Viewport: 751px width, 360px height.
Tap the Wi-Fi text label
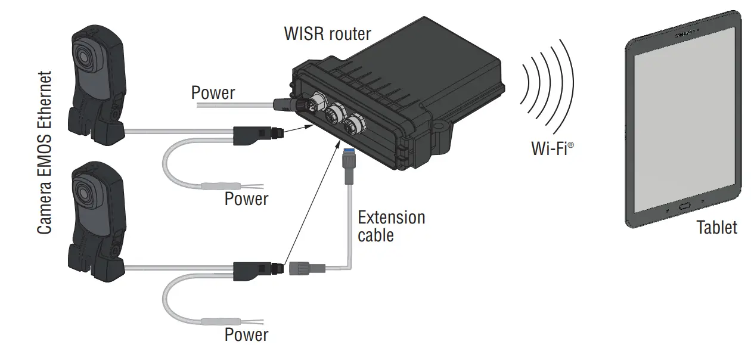point(552,148)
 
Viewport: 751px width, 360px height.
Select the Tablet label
point(716,227)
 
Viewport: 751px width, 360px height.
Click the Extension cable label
point(391,226)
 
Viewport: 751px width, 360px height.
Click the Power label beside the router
point(213,93)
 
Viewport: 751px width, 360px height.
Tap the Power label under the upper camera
point(246,198)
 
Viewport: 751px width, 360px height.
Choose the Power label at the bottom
point(246,335)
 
